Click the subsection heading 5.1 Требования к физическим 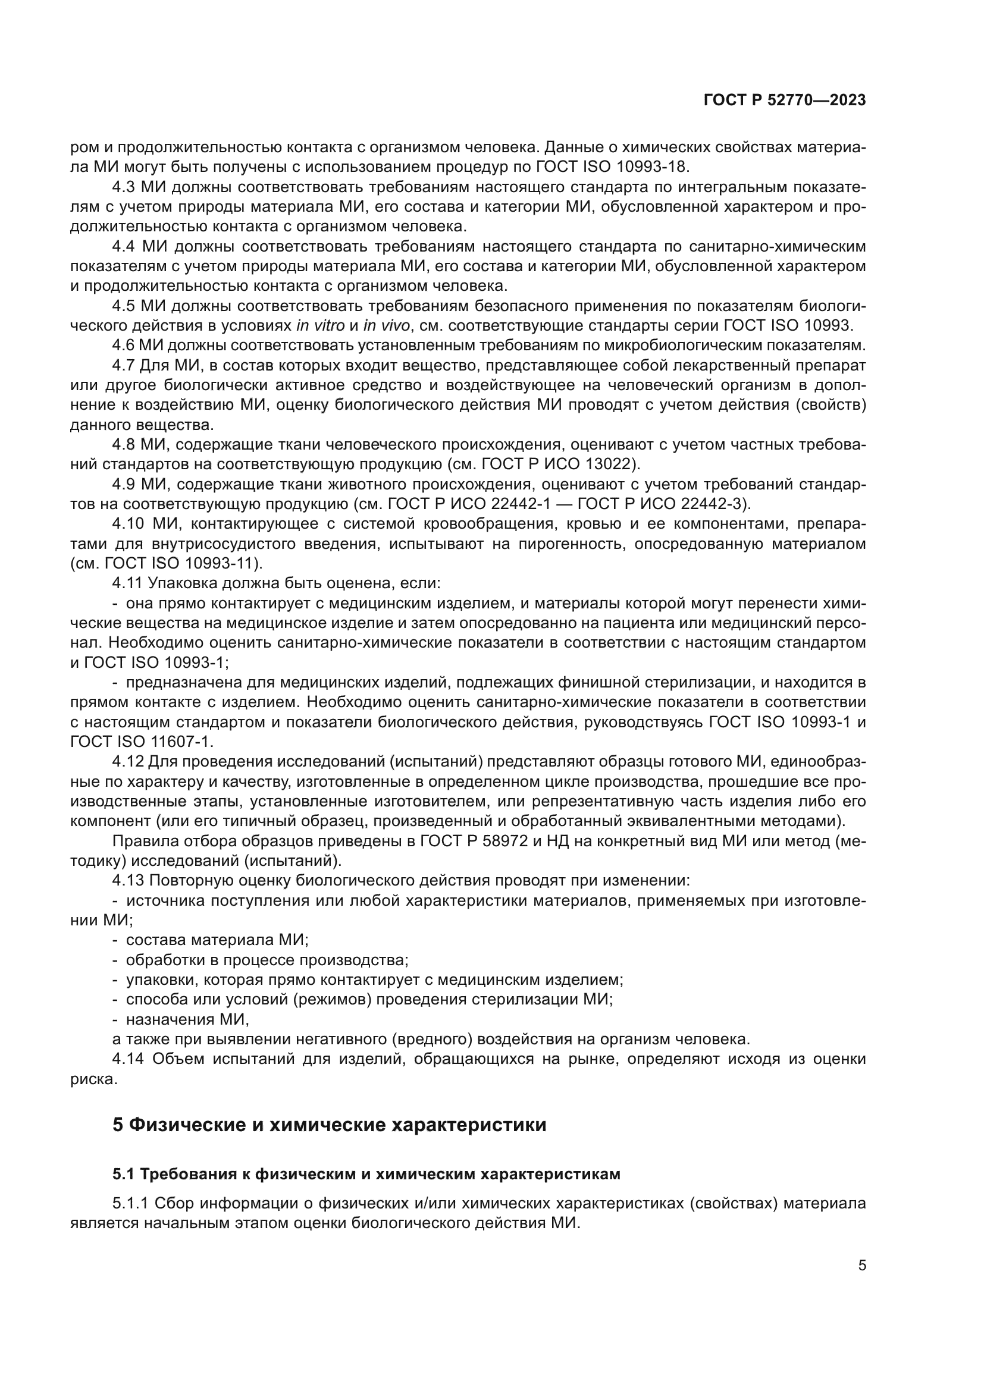click(x=366, y=1174)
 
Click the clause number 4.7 click(x=124, y=365)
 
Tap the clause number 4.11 click(x=127, y=583)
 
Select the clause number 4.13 click(x=127, y=880)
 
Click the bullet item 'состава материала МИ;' click(x=217, y=940)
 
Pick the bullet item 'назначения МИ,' click(x=187, y=1019)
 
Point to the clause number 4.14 click(x=128, y=1059)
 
